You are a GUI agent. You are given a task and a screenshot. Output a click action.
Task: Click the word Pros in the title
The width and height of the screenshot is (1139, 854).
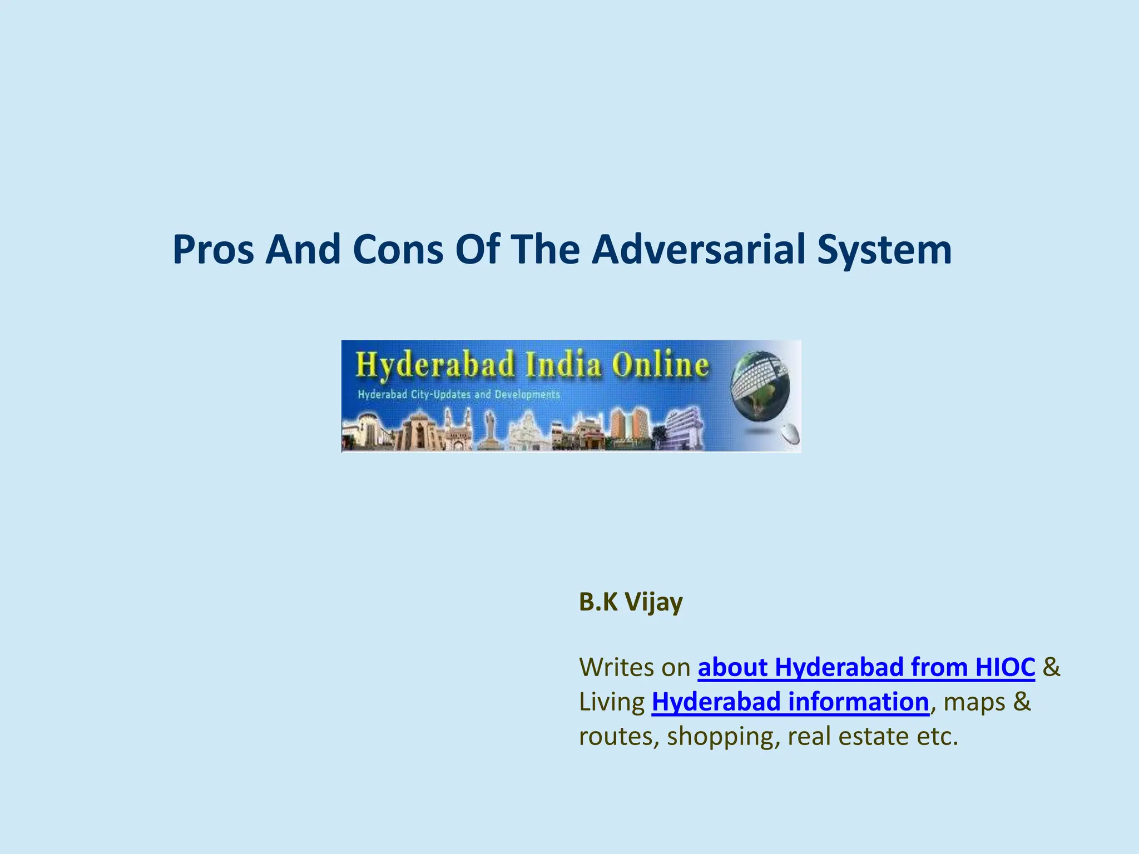point(214,250)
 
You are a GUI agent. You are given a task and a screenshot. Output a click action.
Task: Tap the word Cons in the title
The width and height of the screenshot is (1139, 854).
point(398,250)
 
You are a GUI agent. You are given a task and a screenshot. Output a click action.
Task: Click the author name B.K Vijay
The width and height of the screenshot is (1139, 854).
point(631,602)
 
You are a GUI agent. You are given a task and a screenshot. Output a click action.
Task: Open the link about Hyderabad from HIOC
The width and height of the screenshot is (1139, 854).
point(866,667)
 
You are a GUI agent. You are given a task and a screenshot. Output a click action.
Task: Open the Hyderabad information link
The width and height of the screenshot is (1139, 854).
point(790,702)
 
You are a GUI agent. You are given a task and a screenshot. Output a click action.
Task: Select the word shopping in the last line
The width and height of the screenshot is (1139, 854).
point(719,737)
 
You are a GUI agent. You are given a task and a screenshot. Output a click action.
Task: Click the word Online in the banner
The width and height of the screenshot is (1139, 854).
point(660,365)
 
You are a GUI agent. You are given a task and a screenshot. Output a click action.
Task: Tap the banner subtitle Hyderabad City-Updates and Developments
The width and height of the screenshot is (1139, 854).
point(458,395)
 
